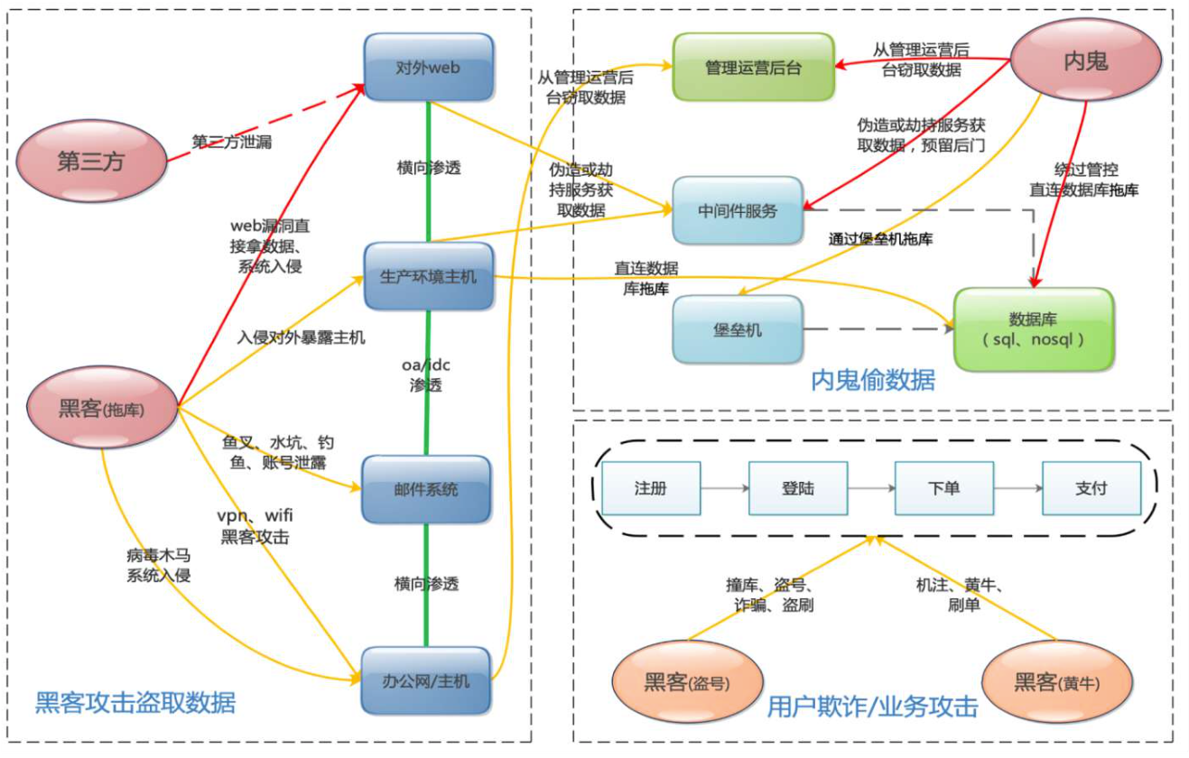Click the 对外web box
pos(428,67)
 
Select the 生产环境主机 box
pos(428,277)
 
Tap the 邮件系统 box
pos(425,489)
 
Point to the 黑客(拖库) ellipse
pos(102,408)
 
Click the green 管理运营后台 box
pos(753,67)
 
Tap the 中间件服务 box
pos(738,210)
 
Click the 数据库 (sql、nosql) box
pos(1033,329)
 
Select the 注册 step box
pos(650,488)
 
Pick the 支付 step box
pos(1091,488)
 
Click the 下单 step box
pos(943,488)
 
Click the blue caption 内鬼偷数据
pos(872,380)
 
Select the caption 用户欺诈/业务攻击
pos(871,707)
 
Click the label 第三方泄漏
pos(231,142)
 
